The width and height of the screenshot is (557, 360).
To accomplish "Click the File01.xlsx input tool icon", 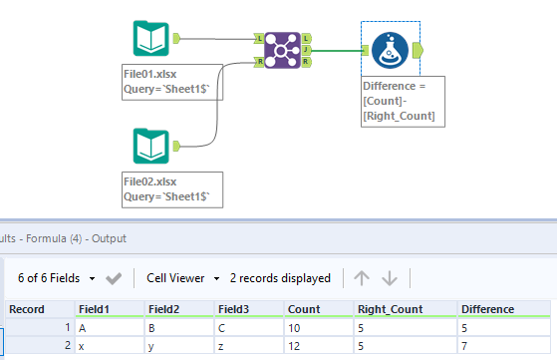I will click(x=151, y=39).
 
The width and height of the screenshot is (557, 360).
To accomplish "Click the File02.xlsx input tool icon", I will click(x=151, y=146).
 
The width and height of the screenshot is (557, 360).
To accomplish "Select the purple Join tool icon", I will click(x=284, y=48).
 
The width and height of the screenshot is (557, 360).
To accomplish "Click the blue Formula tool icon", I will click(x=390, y=48).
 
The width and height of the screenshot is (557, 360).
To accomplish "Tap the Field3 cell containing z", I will click(x=224, y=344).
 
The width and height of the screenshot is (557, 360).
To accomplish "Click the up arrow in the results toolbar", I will click(x=363, y=277).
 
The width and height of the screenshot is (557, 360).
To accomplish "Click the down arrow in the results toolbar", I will click(x=390, y=277).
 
